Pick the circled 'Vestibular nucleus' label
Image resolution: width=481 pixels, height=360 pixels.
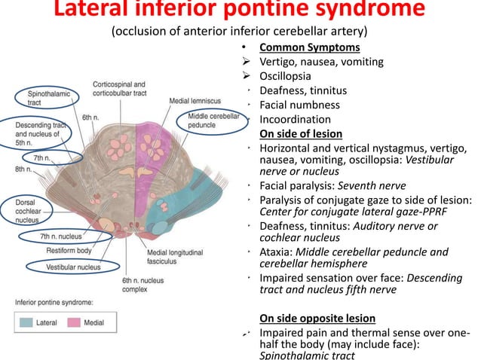(62, 265)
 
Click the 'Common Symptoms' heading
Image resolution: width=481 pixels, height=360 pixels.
(301, 48)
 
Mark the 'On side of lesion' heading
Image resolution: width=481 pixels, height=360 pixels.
(301, 134)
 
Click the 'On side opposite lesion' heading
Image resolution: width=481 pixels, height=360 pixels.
(317, 318)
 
